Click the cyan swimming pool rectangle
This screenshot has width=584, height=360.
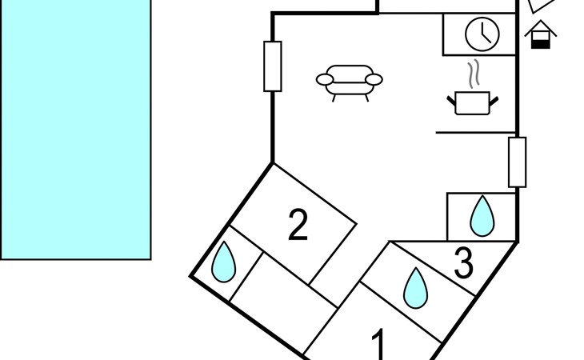(x=75, y=128)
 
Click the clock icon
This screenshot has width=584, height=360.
(x=482, y=34)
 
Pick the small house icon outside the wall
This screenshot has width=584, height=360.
(x=542, y=35)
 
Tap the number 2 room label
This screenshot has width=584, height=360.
(x=298, y=225)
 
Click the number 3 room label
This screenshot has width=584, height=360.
(x=464, y=264)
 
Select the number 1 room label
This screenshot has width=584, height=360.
(x=380, y=346)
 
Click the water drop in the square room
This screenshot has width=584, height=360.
(x=482, y=216)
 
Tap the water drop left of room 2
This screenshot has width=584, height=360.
(x=224, y=262)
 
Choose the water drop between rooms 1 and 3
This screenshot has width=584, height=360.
(x=414, y=288)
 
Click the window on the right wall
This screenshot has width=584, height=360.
(x=518, y=162)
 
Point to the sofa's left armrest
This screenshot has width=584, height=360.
(x=326, y=78)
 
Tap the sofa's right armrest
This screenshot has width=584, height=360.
(x=374, y=78)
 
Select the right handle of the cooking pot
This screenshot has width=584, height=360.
(x=494, y=99)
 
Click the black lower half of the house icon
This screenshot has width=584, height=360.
(x=542, y=42)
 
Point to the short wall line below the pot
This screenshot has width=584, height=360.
(x=476, y=132)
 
